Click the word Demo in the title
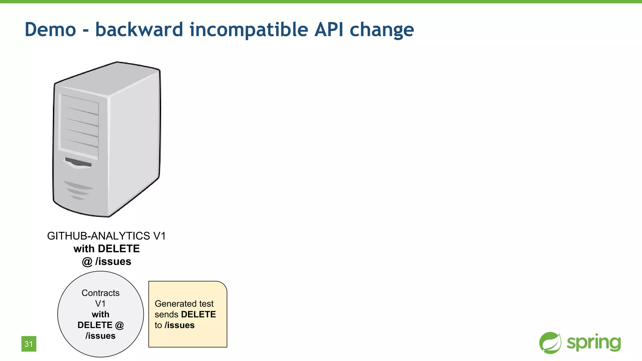click(50, 29)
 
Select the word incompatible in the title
click(249, 29)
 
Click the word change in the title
click(382, 29)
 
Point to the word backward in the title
click(139, 29)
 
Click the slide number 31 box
click(29, 344)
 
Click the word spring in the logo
click(593, 343)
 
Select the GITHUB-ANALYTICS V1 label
click(106, 236)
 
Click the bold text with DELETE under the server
click(106, 249)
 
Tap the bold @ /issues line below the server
click(106, 261)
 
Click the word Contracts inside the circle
click(100, 293)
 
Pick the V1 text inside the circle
click(100, 304)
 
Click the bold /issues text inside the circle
click(100, 336)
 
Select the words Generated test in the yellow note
click(184, 304)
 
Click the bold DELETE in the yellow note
click(198, 314)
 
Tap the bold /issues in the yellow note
click(179, 325)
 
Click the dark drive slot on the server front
click(78, 162)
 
